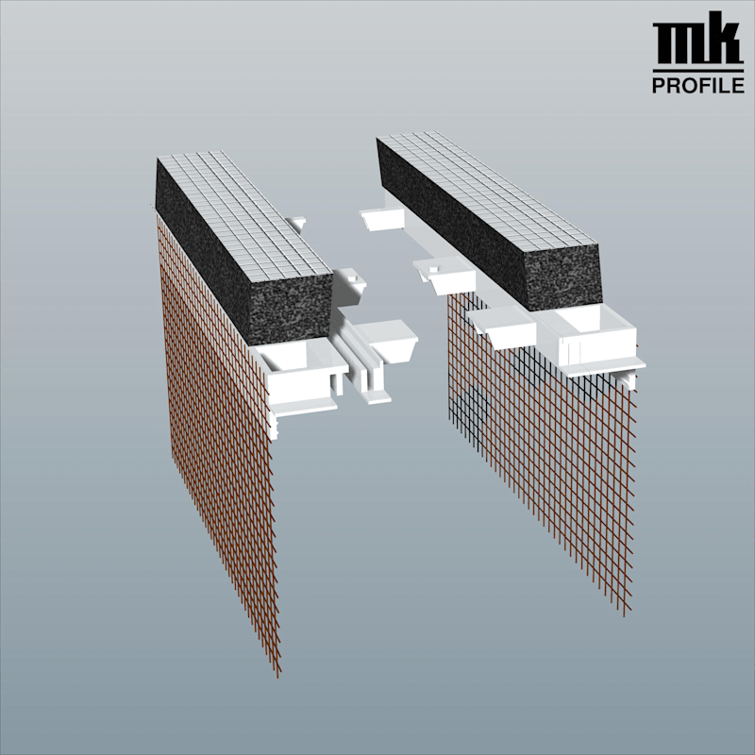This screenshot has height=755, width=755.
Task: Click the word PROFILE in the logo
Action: tap(697, 85)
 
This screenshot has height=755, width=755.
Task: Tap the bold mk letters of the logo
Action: tap(697, 39)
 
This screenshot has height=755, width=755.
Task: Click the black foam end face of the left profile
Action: tap(292, 309)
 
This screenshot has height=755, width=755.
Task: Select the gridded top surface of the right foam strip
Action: tap(486, 191)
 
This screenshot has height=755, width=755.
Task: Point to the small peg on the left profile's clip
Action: tap(352, 277)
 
